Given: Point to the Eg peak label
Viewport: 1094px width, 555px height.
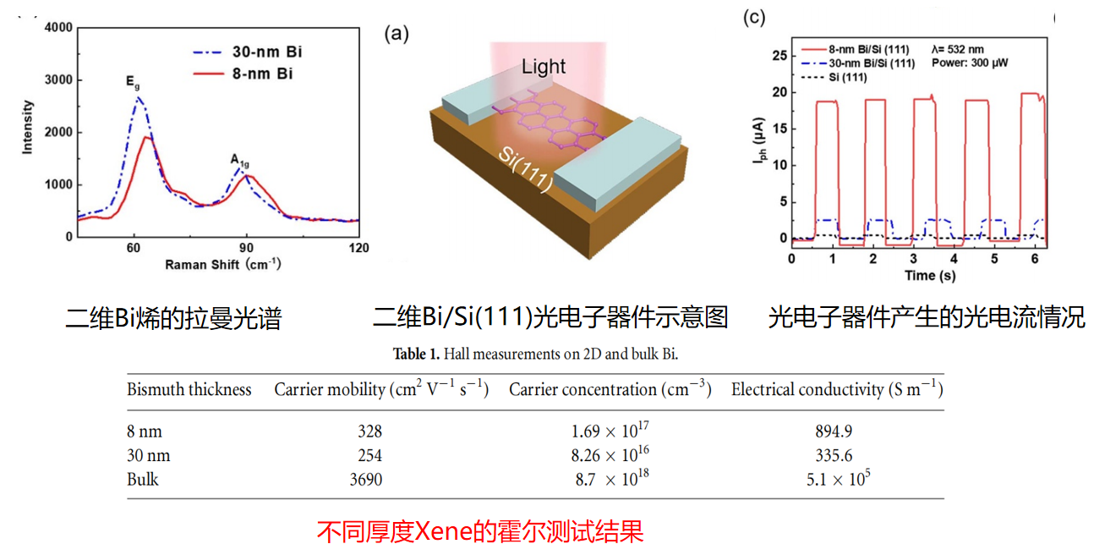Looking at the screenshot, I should (x=133, y=82).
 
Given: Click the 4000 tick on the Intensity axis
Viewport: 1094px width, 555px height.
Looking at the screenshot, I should (x=58, y=28).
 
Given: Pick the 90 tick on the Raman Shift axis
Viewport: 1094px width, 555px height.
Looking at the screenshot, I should (x=246, y=248).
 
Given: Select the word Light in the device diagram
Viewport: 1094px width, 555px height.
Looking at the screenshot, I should (x=543, y=67).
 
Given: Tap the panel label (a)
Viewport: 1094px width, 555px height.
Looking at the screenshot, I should (x=397, y=34).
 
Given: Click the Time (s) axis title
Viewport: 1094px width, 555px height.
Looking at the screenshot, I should (x=919, y=275).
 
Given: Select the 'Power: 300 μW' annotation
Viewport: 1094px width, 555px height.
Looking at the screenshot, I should (x=970, y=63).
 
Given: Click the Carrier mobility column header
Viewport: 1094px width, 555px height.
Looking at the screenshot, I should (x=381, y=390).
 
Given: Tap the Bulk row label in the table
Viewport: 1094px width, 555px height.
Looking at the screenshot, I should (x=143, y=480).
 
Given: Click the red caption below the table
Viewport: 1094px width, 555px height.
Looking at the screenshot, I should (x=479, y=531).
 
